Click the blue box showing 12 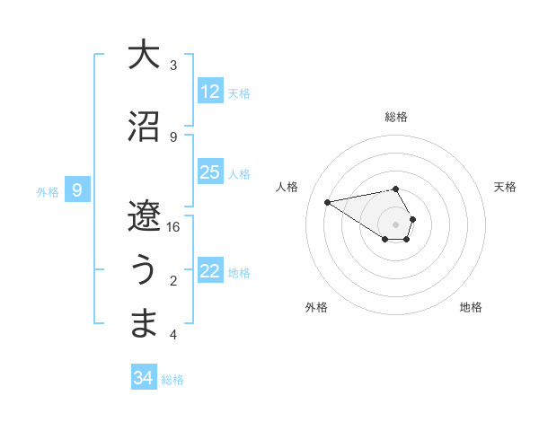tap(210, 92)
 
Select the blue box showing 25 tap(210, 172)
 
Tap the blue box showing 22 tap(210, 271)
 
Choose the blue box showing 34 tap(144, 378)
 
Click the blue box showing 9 tap(78, 190)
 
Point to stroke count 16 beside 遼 tap(173, 227)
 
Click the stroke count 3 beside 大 tap(173, 66)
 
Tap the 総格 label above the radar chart tap(396, 118)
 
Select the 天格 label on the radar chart tap(505, 187)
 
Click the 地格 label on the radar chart tap(471, 307)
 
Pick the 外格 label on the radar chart tap(316, 307)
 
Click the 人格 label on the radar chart tap(287, 187)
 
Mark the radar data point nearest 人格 tap(327, 201)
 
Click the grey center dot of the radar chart tap(395, 224)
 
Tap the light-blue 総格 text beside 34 tap(172, 380)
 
